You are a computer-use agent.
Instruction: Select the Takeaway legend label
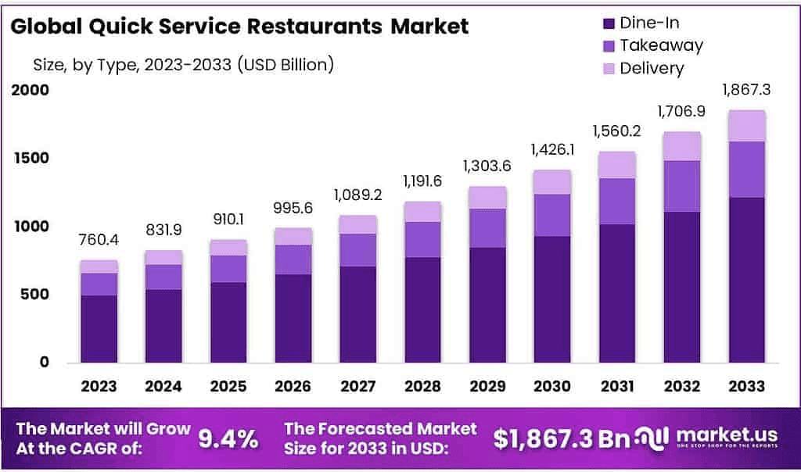click(661, 45)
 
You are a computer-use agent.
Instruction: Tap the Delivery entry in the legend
click(652, 68)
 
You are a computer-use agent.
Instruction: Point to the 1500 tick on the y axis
click(31, 158)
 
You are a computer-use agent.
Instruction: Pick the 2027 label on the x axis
click(358, 386)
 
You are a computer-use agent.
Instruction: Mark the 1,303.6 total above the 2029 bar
click(488, 167)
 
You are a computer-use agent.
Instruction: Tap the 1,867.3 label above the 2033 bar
click(746, 90)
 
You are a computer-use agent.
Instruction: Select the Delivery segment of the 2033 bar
click(746, 126)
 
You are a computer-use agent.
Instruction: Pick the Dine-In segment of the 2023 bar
click(99, 328)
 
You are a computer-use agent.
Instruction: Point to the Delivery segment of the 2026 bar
click(293, 236)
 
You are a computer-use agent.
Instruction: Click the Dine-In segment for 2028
click(423, 309)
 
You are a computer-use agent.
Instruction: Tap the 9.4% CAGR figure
click(228, 439)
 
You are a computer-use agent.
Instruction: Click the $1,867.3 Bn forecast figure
click(561, 439)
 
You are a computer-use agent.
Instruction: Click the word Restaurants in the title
click(311, 26)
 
